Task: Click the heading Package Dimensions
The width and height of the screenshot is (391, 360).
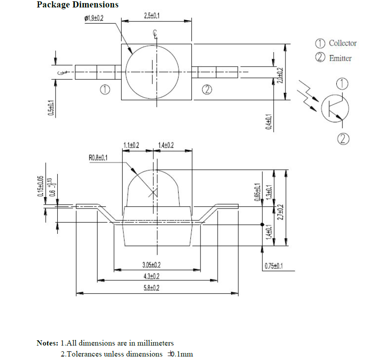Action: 77,5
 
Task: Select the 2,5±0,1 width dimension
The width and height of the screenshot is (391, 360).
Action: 151,16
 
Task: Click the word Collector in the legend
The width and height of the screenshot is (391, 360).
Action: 342,43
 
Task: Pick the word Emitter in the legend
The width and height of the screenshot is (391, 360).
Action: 340,58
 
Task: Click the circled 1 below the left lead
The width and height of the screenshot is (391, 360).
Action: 105,90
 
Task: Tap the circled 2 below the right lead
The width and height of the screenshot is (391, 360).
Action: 207,90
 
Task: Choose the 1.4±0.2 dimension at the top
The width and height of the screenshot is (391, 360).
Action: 166,145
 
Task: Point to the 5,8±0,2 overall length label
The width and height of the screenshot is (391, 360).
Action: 152,287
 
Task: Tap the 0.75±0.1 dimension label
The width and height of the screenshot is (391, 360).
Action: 273,266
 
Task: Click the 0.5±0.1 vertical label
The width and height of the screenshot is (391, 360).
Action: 51,108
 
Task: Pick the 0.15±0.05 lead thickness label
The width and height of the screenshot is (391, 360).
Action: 40,187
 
